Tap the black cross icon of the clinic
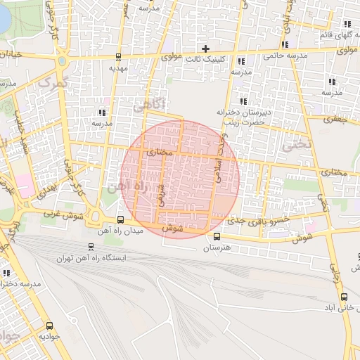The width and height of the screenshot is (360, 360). tap(205, 49)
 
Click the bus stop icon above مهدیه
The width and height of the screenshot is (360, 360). tap(117, 58)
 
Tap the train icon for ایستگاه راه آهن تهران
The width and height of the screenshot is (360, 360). tap(91, 247)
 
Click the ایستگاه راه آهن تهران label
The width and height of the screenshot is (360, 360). tap(92, 258)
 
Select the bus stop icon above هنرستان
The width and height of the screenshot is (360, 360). tap(217, 237)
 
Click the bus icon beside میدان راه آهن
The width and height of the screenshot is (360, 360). tap(120, 219)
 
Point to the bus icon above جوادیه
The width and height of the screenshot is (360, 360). tap(49, 326)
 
